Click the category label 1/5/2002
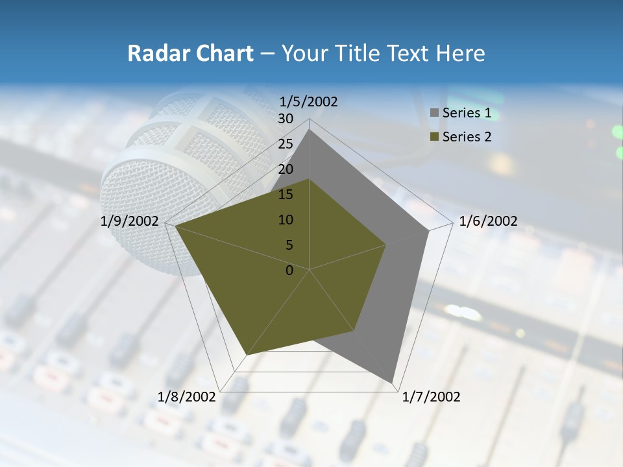(309, 101)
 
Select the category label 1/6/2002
(488, 221)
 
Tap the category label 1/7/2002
(431, 397)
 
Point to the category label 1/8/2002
(187, 397)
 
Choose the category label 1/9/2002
(130, 221)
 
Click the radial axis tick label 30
(286, 119)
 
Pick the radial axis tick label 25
(286, 144)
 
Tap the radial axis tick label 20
(286, 169)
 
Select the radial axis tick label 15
(286, 195)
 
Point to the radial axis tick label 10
(286, 220)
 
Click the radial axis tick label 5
(289, 245)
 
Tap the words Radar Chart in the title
(190, 53)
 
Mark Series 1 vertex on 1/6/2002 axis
(428, 230)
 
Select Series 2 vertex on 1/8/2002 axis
(247, 355)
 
